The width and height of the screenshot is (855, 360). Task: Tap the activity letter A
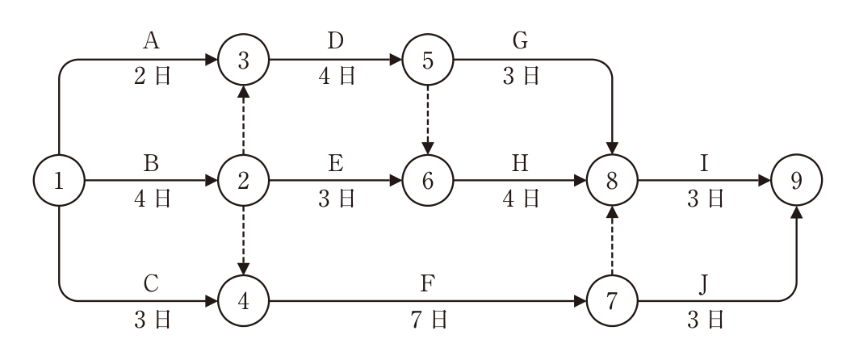[x=151, y=41]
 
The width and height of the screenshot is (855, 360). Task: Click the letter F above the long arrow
[x=428, y=283]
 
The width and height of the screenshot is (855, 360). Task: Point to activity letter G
[x=520, y=41]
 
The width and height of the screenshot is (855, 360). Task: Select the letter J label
[x=703, y=284]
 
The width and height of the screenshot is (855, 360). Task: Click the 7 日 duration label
[x=429, y=320]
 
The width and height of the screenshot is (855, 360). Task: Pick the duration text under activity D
[x=337, y=77]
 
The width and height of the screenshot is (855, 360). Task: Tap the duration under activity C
[x=152, y=320]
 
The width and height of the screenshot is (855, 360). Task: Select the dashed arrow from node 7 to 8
[x=612, y=241]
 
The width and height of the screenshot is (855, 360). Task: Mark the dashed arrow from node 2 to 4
[x=243, y=241]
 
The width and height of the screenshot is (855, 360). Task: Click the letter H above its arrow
[x=520, y=163]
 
